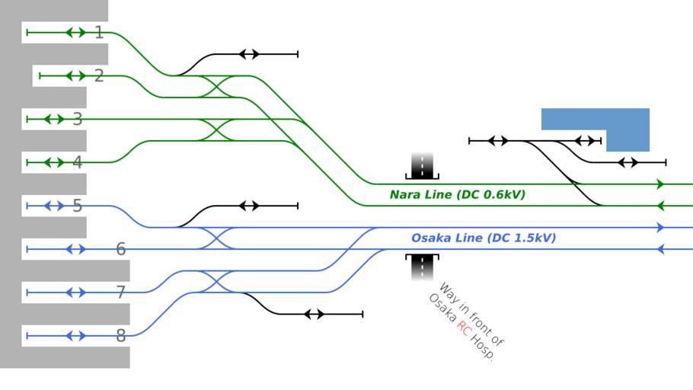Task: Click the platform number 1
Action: click(99, 33)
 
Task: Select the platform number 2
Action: click(99, 76)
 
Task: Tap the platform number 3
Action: click(77, 120)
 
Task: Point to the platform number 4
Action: click(77, 162)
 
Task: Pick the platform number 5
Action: click(77, 206)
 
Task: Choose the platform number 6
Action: click(120, 249)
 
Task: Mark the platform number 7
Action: click(120, 292)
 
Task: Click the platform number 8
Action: click(120, 336)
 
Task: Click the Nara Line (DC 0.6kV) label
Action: click(457, 195)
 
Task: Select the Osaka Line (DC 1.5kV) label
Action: click(483, 238)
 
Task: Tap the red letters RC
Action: click(465, 328)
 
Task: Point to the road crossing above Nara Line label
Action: click(422, 165)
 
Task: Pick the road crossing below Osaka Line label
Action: click(422, 267)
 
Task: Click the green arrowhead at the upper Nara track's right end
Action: click(660, 184)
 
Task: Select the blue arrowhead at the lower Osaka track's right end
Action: click(660, 249)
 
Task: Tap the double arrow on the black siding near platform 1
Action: click(249, 54)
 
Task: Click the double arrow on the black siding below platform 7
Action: click(314, 314)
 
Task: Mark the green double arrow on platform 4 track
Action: click(54, 162)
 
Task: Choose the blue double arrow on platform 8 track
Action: click(75, 336)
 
